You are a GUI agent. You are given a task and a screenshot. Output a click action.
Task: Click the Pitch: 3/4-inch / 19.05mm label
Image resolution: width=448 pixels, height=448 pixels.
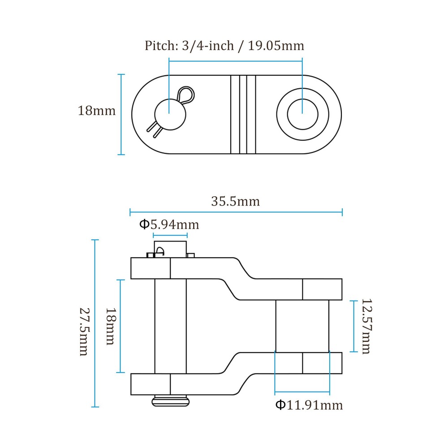click(224, 46)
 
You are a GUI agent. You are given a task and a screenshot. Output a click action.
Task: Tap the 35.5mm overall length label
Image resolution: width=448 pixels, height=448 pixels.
click(236, 202)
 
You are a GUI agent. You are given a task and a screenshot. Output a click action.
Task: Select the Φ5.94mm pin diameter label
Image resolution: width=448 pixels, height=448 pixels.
click(169, 224)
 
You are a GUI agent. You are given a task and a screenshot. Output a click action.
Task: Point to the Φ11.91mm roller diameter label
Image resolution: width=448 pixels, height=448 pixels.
click(309, 405)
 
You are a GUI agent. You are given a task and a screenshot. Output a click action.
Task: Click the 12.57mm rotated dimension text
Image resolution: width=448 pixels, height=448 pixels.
click(366, 326)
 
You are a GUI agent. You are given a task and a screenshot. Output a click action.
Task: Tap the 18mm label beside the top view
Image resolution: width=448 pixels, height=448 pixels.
click(97, 111)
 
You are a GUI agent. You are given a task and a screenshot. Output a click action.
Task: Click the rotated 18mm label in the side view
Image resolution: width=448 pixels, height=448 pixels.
click(111, 326)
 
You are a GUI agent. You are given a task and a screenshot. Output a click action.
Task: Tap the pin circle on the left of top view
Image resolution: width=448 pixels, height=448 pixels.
click(170, 114)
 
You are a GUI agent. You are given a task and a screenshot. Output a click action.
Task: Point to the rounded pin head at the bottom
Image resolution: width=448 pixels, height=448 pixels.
click(170, 401)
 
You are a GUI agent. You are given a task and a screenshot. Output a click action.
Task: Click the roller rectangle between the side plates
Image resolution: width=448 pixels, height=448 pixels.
click(302, 326)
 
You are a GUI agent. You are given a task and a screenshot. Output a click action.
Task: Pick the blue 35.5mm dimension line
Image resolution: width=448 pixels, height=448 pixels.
click(236, 212)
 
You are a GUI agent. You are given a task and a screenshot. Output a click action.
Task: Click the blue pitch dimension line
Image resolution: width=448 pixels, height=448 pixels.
click(236, 61)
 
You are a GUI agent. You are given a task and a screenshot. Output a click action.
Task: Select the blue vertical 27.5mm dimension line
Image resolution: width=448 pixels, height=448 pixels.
click(95, 323)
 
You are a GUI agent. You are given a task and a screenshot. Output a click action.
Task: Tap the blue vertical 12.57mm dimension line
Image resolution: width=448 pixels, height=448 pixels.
click(354, 326)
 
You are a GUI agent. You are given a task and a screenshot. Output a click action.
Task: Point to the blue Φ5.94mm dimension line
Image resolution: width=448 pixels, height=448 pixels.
click(170, 236)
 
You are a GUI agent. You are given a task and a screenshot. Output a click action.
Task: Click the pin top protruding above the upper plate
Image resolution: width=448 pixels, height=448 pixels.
click(170, 249)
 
